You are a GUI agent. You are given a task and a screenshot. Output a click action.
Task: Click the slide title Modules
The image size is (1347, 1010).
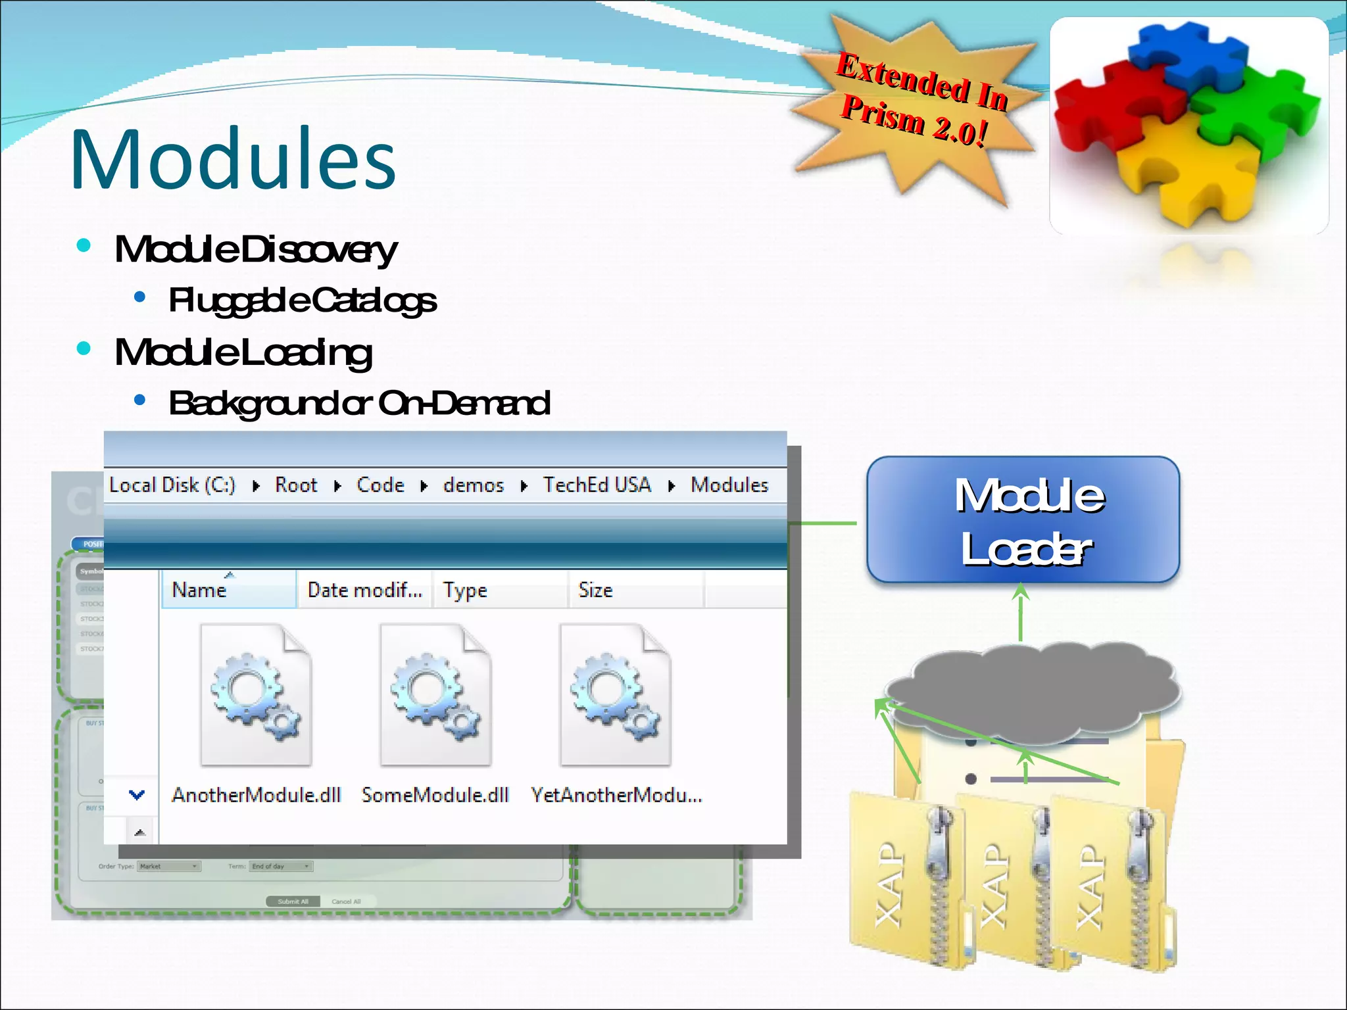pyautogui.click(x=233, y=159)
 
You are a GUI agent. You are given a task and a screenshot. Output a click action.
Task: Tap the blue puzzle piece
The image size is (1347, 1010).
pyautogui.click(x=1187, y=56)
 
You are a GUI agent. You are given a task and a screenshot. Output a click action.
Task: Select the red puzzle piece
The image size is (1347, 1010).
pyautogui.click(x=1105, y=108)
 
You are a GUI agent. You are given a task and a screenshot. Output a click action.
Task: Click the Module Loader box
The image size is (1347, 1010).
pyautogui.click(x=1023, y=519)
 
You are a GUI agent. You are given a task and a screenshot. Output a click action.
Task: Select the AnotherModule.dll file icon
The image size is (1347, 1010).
pyautogui.click(x=256, y=695)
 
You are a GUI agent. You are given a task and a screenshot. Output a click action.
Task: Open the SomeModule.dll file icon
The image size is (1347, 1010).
pyautogui.click(x=435, y=695)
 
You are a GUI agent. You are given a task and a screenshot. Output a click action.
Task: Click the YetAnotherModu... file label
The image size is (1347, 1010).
pyautogui.click(x=616, y=796)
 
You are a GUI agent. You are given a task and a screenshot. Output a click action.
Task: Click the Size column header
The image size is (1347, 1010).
pyautogui.click(x=596, y=590)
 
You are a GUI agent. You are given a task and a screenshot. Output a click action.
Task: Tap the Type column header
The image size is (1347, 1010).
pyautogui.click(x=465, y=590)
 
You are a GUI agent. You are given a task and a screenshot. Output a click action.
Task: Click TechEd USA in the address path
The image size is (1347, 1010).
pyautogui.click(x=597, y=485)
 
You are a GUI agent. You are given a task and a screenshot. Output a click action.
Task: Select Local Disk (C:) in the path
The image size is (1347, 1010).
pyautogui.click(x=172, y=485)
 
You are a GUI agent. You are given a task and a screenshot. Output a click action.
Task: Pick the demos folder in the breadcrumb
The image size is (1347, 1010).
pyautogui.click(x=473, y=485)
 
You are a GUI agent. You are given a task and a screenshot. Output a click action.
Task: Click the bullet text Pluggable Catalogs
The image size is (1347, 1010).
pyautogui.click(x=302, y=301)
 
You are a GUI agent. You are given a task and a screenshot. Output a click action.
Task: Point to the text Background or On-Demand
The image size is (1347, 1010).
pyautogui.click(x=359, y=403)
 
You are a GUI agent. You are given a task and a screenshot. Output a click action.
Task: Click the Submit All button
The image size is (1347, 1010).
pyautogui.click(x=293, y=902)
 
